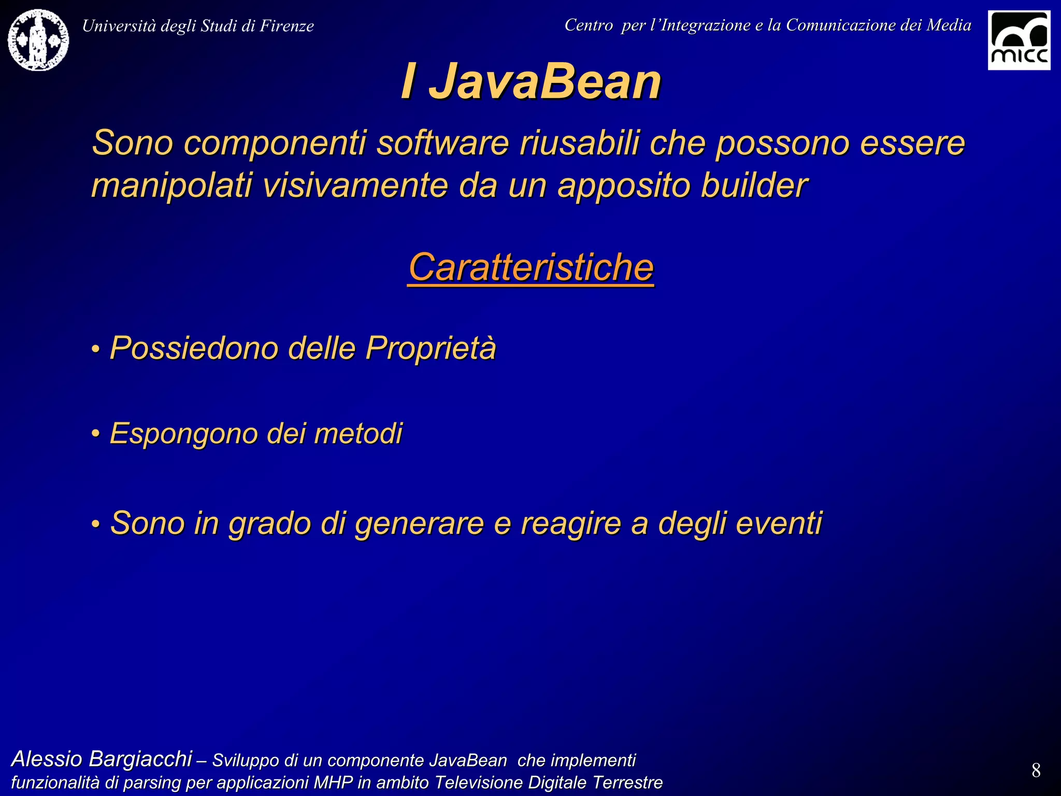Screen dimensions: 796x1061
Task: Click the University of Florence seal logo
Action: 38,40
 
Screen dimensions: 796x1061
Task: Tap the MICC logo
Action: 1019,40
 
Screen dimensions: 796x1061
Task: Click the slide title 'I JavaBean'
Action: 530,81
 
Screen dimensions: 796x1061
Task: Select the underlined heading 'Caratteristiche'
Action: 530,267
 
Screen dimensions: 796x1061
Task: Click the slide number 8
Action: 1036,771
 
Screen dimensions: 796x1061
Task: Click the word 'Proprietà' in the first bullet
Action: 431,348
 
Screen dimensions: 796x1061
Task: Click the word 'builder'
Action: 754,186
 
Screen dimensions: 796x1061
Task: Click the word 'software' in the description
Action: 443,143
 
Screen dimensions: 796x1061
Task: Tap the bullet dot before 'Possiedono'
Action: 95,349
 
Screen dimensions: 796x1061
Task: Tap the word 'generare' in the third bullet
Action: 420,523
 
